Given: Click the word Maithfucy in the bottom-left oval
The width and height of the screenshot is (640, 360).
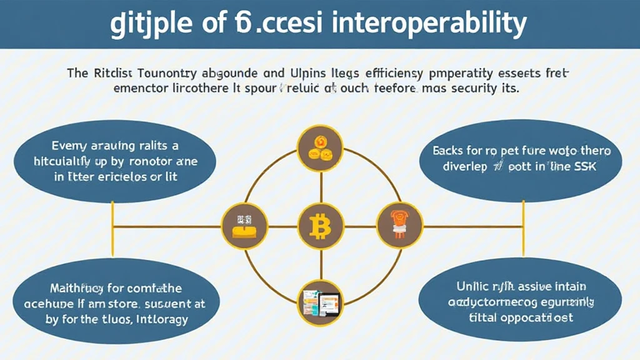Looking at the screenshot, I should (77, 289).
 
